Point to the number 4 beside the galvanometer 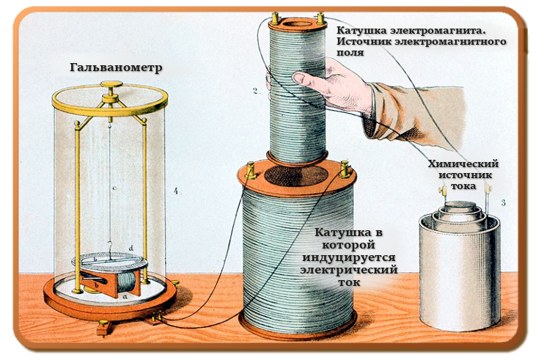176,191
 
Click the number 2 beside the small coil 254,91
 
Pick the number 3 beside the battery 504,202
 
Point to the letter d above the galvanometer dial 131,249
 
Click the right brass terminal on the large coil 342,171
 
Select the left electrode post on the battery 443,194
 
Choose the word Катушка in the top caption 361,31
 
